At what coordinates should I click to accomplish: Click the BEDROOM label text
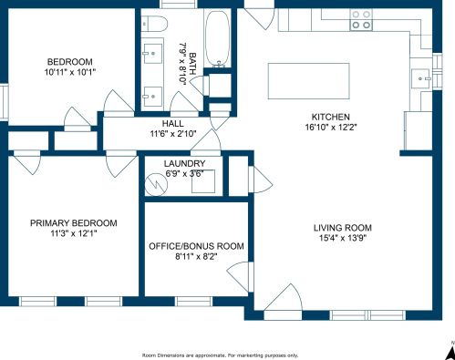tap(70, 62)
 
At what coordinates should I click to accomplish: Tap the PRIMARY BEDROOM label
tap(74, 223)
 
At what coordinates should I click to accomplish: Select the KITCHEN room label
tap(331, 117)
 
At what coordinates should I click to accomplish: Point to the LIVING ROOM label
tap(343, 228)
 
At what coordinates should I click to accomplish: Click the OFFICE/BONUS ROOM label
tap(196, 246)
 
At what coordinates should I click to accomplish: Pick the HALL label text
tap(172, 124)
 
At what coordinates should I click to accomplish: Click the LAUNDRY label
tap(184, 163)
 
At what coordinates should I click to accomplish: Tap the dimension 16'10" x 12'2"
tap(331, 127)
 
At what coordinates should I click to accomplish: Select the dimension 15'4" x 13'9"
tap(343, 238)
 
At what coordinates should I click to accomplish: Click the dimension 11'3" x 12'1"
tap(74, 233)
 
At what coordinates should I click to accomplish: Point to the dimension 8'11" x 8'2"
tap(196, 257)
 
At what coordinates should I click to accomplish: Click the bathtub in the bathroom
tap(218, 38)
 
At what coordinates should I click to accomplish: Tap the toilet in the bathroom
tap(155, 24)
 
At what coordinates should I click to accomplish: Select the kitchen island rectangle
tap(309, 81)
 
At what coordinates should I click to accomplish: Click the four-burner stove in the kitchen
tap(361, 20)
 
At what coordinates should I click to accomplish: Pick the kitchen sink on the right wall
tap(421, 78)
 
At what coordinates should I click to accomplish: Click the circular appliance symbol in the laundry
tap(156, 184)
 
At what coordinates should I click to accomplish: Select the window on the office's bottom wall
tap(193, 302)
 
